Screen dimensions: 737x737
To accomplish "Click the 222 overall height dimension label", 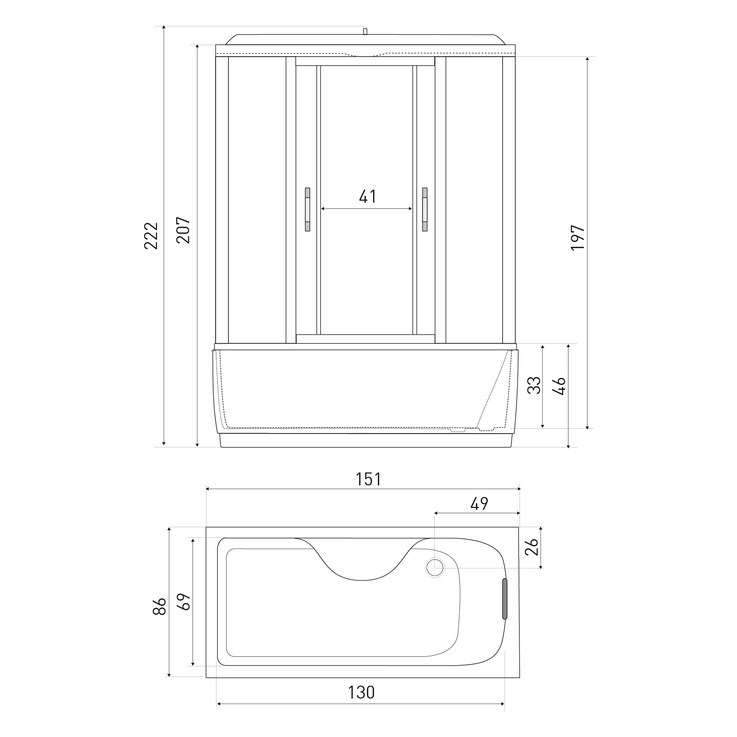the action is pos(151,235).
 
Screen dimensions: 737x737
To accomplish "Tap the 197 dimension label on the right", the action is pos(577,237).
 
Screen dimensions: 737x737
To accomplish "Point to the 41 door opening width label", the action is pos(368,196).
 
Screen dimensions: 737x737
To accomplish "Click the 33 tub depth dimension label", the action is pos(534,386).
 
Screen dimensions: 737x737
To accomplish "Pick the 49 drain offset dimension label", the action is pos(479,504).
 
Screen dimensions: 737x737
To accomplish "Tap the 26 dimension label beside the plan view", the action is pos(532,546).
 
